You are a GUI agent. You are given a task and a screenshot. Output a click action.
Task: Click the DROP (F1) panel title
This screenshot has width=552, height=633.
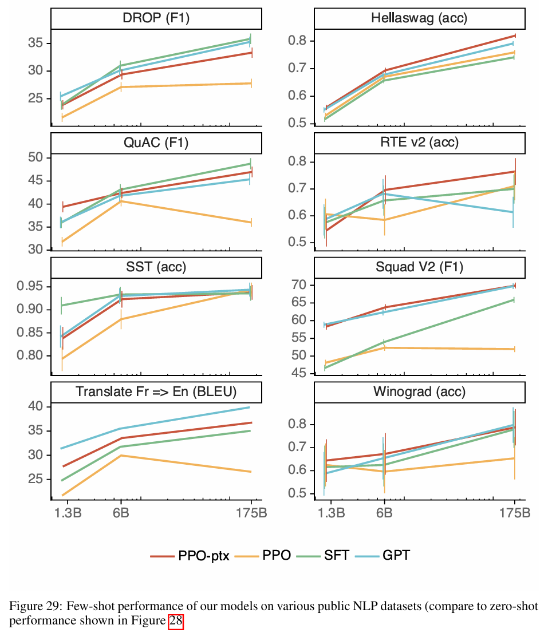[x=156, y=19]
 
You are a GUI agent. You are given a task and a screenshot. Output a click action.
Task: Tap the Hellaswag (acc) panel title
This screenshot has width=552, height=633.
[x=419, y=19]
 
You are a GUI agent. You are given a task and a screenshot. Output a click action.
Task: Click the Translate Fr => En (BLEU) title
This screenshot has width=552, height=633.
[x=156, y=391]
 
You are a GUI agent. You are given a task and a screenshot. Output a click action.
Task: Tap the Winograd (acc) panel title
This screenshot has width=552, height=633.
[x=419, y=391]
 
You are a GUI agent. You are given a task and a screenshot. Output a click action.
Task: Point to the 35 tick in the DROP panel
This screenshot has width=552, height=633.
[x=35, y=43]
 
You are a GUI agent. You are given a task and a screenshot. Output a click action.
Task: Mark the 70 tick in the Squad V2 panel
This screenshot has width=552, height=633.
[x=301, y=285]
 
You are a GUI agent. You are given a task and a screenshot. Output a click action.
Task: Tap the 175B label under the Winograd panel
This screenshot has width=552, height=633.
[x=514, y=512]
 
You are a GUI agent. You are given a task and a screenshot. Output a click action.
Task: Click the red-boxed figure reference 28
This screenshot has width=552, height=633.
[x=175, y=621]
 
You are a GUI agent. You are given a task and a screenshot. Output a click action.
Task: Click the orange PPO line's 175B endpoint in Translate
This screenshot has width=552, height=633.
[x=250, y=472]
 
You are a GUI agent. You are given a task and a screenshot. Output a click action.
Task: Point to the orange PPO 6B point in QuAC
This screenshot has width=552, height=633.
[x=120, y=201]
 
